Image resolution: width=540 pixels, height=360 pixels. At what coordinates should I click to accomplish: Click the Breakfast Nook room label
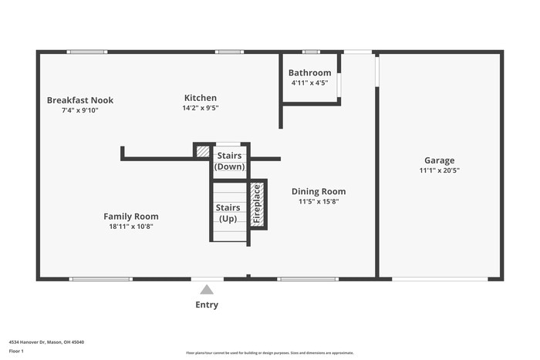point(80,100)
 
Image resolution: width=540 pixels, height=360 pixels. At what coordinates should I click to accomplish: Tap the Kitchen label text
point(200,98)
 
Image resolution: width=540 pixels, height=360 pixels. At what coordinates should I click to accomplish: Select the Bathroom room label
point(309,73)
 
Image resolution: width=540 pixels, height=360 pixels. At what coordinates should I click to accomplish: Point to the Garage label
point(439,160)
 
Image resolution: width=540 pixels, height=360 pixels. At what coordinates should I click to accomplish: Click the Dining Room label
point(318,191)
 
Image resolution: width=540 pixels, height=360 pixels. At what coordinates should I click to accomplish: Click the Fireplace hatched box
point(258,204)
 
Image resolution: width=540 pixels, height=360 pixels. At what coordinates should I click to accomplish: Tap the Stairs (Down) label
point(229,161)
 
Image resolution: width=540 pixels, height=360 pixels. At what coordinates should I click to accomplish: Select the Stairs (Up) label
point(228,213)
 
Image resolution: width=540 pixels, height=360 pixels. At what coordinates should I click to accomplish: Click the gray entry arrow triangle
point(207,290)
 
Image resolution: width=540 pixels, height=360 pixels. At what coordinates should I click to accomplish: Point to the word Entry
point(207,304)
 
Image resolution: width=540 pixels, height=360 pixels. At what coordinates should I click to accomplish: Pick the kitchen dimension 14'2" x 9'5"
point(200,108)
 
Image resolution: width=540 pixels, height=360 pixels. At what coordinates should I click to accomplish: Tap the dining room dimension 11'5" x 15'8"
point(318,201)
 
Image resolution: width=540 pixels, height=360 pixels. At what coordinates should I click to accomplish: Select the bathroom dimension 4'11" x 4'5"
point(309,82)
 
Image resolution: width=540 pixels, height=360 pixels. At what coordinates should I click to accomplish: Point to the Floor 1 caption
point(16,351)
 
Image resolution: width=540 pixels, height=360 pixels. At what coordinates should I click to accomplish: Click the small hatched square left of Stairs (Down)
point(202,151)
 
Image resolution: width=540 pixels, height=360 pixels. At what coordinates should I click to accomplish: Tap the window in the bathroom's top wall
point(311,52)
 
